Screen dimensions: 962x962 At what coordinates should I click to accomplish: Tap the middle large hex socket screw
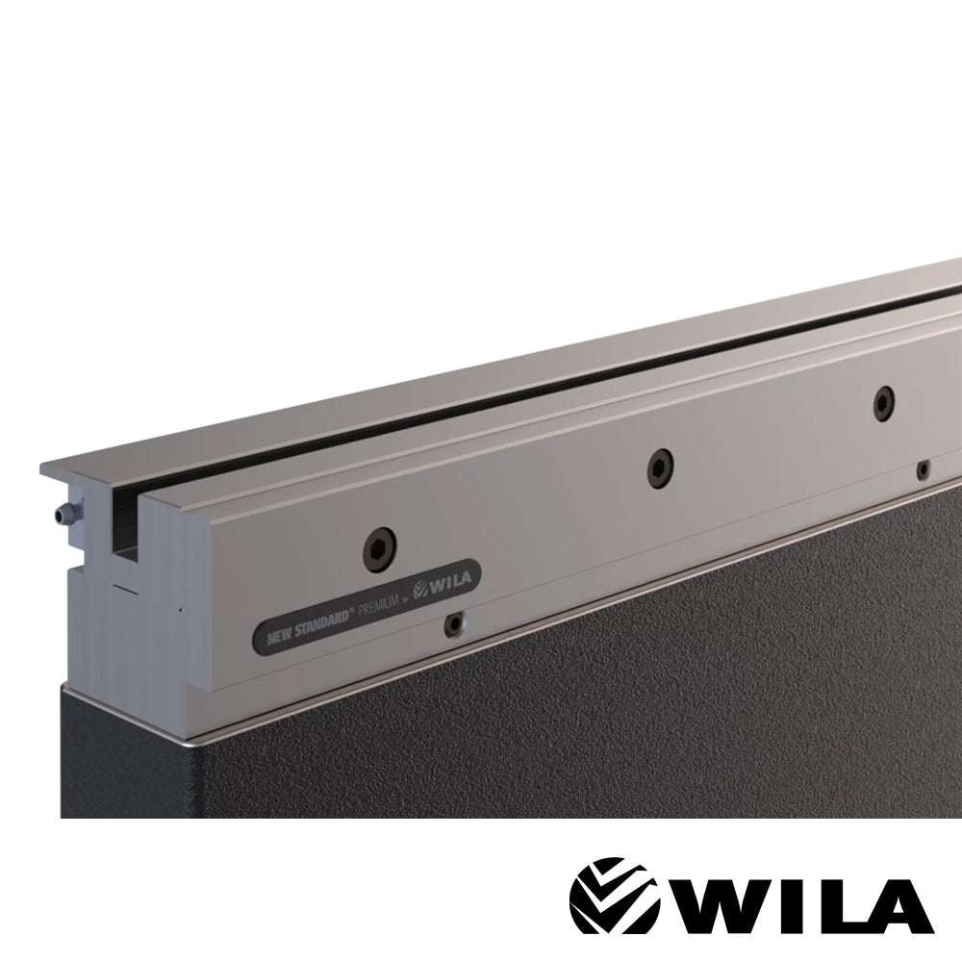point(660,468)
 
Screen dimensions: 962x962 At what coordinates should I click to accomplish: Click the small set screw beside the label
point(455,623)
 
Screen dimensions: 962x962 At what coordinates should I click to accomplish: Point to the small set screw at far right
point(923,470)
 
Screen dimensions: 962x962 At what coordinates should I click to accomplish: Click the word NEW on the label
point(280,636)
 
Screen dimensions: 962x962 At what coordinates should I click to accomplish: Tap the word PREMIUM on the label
point(379,611)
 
